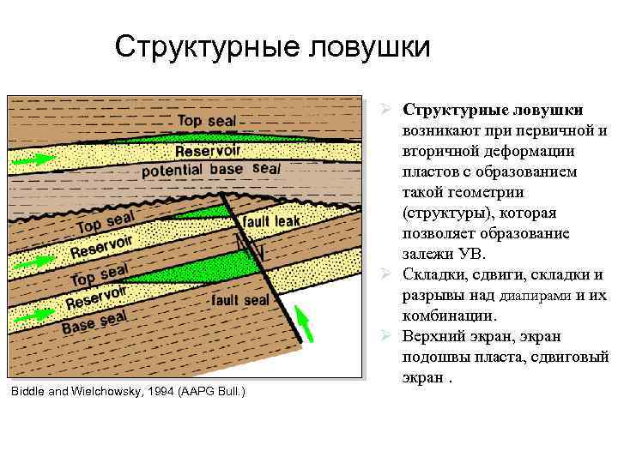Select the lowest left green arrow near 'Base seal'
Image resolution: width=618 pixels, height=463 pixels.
coord(33,316)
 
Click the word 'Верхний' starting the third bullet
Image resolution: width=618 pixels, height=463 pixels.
coord(438,337)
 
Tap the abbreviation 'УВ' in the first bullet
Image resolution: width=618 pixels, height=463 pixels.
coord(471,255)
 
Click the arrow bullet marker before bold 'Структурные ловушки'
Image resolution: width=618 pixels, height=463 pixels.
coord(388,111)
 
